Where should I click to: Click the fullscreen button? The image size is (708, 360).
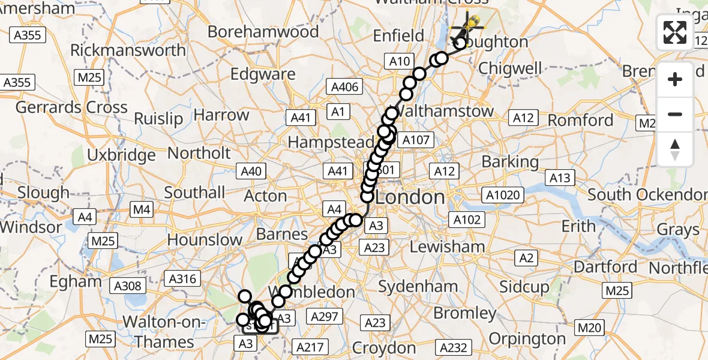pos(675,32)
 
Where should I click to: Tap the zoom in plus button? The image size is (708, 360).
pos(675,79)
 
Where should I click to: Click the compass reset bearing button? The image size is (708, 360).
pos(675,149)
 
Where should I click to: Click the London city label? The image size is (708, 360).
pos(411,197)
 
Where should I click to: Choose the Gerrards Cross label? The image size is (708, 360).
pos(71,108)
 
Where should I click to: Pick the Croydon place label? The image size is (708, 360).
pos(384,348)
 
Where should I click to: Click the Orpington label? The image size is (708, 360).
pos(527,339)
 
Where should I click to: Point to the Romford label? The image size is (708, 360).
pos(581,121)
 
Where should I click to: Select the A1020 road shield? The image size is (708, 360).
pos(504,195)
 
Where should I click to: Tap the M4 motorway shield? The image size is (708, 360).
pos(141,209)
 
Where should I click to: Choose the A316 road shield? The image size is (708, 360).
pos(182,278)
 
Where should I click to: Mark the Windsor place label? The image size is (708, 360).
pos(31,227)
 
